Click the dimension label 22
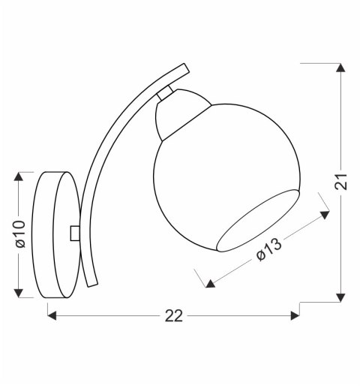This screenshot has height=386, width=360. coord(173,316)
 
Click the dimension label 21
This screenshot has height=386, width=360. coord(342,182)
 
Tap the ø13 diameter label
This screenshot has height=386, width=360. coord(268,249)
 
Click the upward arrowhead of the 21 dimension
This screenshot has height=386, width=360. coord(341,68)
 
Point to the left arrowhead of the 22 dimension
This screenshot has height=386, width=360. coord(53,315)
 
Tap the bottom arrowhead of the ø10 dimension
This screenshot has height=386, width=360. coord(19,291)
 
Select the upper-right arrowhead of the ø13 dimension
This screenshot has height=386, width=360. coord(325,215)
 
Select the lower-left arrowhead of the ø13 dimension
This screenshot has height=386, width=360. coord(210,284)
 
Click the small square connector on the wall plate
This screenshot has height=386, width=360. coord(73,234)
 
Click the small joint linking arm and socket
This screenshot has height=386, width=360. coord(165,95)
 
